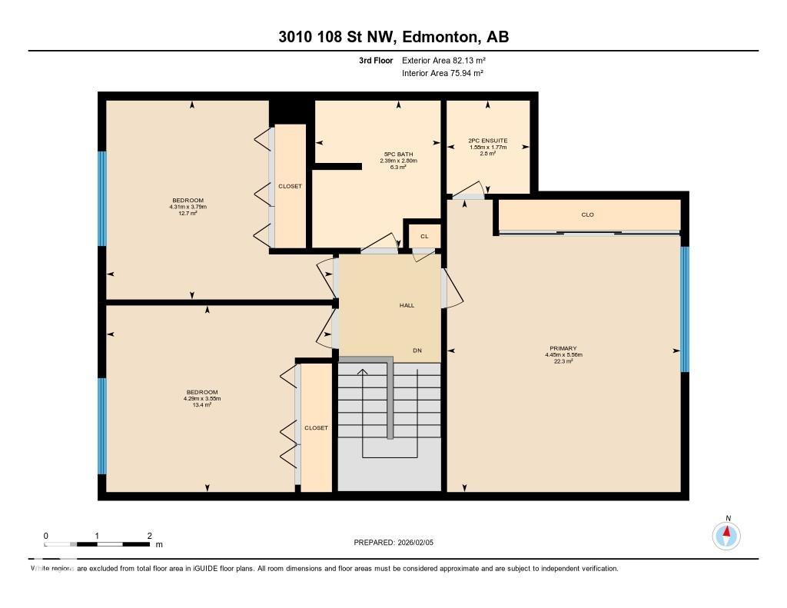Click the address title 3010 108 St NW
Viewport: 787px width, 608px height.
(393, 37)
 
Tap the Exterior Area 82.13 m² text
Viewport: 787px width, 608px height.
(443, 60)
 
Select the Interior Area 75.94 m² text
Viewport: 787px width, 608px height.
(442, 73)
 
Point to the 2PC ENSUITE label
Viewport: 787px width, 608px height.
(487, 141)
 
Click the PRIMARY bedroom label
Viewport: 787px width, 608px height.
(563, 348)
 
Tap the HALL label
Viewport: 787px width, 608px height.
(407, 305)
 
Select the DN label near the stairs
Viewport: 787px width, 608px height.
(417, 351)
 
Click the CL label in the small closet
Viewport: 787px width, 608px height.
(423, 236)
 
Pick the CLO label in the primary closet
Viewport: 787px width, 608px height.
(588, 214)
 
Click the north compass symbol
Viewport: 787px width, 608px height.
(726, 534)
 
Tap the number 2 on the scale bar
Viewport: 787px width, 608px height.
(149, 536)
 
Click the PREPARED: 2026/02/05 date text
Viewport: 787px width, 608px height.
(393, 542)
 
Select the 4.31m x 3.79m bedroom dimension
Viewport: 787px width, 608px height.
(188, 207)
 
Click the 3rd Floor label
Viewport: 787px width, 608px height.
(376, 60)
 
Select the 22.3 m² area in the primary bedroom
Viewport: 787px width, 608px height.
(563, 361)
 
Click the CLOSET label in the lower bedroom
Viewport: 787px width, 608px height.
(316, 427)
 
